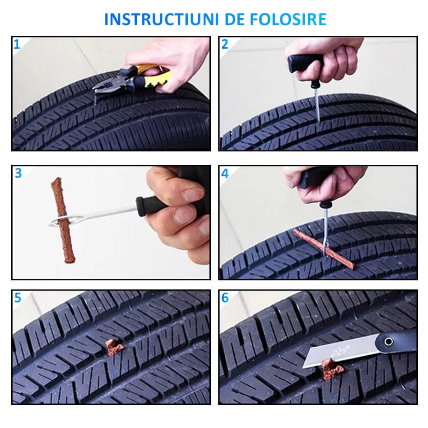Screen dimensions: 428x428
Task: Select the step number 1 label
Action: coord(17,44)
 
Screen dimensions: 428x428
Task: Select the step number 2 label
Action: coord(225,44)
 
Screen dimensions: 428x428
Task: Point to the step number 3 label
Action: coord(18,173)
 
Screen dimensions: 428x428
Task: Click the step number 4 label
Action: coord(225,173)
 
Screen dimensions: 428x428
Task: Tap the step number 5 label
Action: coord(18,298)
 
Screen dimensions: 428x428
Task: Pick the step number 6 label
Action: coord(225,298)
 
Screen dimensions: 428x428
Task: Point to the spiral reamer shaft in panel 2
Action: coord(317,104)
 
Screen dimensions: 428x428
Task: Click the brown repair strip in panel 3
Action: coord(63,220)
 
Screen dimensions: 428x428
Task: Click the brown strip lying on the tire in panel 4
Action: coord(324,248)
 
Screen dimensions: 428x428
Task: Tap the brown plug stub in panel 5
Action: coord(114,347)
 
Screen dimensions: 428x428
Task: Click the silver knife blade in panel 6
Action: coord(341,350)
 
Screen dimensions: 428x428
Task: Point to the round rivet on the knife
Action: coord(388,341)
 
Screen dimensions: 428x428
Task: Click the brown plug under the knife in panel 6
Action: coord(332,369)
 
